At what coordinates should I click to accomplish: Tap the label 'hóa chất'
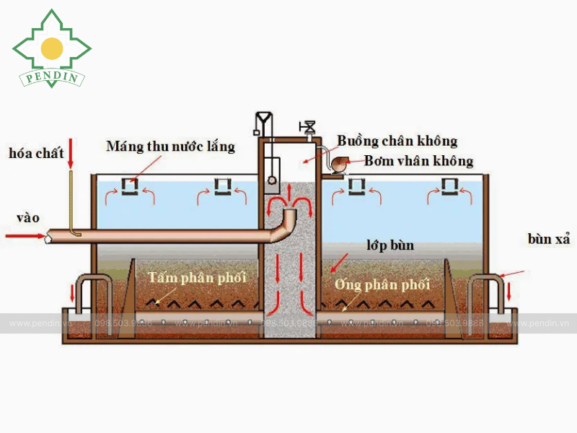click(x=36, y=153)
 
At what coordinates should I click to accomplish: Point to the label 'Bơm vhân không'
click(x=418, y=161)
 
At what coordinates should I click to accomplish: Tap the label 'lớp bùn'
click(x=390, y=245)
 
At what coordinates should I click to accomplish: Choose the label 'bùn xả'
click(x=549, y=239)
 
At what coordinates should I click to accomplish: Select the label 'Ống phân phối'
click(x=382, y=284)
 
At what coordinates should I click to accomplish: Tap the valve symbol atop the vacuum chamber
click(x=309, y=128)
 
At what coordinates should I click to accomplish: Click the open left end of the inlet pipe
click(x=48, y=236)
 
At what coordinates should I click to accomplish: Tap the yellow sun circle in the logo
click(x=52, y=48)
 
